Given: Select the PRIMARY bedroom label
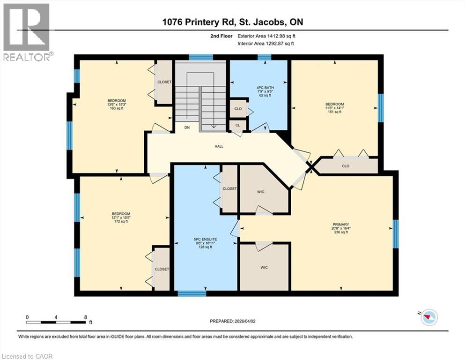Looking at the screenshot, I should pyautogui.click(x=341, y=225).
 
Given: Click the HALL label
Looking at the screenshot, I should pyautogui.click(x=219, y=146).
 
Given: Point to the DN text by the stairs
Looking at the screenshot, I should pyautogui.click(x=187, y=127).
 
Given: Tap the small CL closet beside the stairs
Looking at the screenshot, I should pyautogui.click(x=237, y=125).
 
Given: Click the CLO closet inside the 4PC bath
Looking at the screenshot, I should pyautogui.click(x=237, y=108).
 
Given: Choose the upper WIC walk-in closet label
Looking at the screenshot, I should pyautogui.click(x=261, y=192).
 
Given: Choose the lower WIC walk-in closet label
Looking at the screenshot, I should pyautogui.click(x=264, y=268).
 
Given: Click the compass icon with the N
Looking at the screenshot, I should pyautogui.click(x=428, y=318).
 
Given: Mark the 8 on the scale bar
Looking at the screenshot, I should pyautogui.click(x=85, y=317).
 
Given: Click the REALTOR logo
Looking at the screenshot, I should pyautogui.click(x=27, y=33).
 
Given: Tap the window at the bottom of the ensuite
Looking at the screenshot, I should pyautogui.click(x=192, y=294).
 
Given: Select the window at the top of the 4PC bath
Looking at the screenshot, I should pyautogui.click(x=265, y=58).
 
